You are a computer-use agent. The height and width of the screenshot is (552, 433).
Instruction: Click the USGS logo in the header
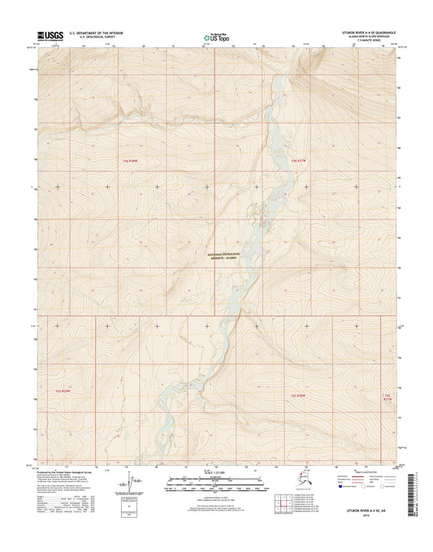point(47,36)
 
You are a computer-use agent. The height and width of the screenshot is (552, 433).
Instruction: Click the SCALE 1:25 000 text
point(216,472)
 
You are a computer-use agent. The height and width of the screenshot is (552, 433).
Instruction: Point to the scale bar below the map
point(216,482)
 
